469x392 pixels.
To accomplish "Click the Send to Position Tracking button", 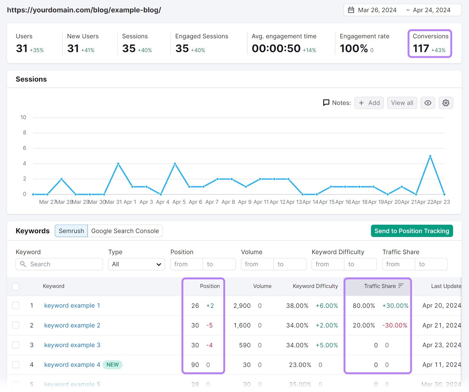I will coord(412,231).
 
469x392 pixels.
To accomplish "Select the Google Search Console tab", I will coord(125,231).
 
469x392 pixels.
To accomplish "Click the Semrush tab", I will coord(71,231).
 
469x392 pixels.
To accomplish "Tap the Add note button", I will coord(369,103).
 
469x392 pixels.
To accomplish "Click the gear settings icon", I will coord(446,103).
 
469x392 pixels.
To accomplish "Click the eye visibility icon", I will coord(428,103).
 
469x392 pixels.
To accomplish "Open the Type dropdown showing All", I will coord(136,264).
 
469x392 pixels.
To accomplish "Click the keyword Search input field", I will coord(63,264).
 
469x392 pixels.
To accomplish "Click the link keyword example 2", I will coord(72,325).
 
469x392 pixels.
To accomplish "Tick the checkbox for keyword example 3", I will coord(16,345).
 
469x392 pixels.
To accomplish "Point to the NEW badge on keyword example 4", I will coord(113,365).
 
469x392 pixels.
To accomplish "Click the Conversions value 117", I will coord(421,48).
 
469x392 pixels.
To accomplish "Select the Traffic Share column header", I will coord(380,286).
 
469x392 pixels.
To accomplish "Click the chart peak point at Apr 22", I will coord(430,156).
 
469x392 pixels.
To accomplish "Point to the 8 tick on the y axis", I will coord(25,133).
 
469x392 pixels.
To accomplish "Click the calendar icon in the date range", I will coord(351,10).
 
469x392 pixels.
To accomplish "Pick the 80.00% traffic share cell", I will coord(364,306).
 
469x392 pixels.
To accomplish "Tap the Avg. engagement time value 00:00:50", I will coord(276,48).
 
